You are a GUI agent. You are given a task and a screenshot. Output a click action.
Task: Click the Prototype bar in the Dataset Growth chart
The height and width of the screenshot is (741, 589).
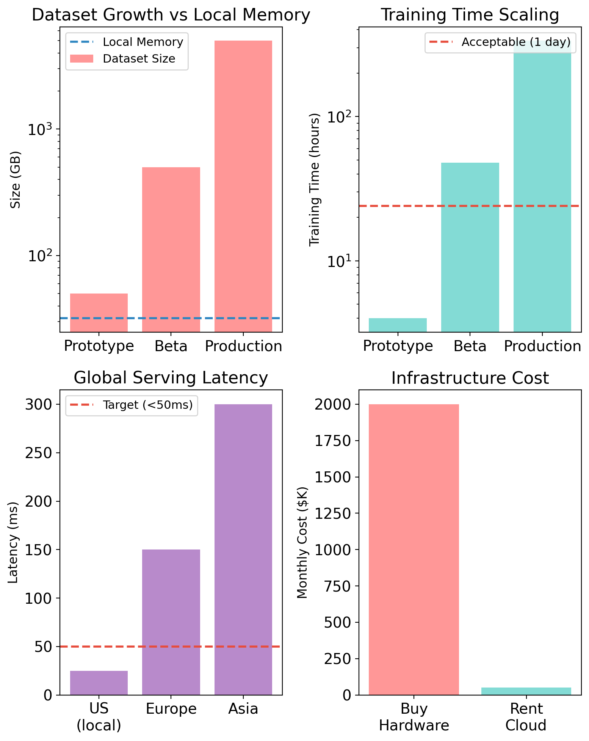tap(99, 312)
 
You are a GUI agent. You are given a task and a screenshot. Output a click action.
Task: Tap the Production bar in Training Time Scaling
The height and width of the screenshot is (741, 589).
tap(542, 190)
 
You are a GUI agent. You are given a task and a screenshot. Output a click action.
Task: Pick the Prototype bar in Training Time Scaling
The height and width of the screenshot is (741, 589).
tap(398, 325)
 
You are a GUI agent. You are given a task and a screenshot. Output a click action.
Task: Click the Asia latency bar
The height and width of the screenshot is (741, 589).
tap(243, 549)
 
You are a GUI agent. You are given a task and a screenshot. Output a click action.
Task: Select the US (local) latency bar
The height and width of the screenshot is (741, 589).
tap(99, 683)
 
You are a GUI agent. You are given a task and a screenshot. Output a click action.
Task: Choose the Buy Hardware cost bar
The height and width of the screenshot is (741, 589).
tap(414, 549)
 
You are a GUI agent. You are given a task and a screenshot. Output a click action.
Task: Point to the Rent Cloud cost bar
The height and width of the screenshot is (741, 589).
tap(526, 691)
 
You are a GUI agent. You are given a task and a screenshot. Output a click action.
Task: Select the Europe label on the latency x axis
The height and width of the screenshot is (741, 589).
tap(171, 709)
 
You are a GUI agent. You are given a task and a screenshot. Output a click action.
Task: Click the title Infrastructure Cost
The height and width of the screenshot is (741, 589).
tap(470, 378)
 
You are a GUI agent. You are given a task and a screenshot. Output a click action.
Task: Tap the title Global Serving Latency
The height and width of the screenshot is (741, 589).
tap(171, 378)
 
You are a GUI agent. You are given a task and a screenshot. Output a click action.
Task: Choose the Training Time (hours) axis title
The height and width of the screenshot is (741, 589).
tap(315, 180)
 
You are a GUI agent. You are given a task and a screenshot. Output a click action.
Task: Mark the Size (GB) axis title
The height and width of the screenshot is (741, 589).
tap(16, 180)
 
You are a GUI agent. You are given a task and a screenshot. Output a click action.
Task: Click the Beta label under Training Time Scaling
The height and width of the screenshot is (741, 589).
tap(470, 346)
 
